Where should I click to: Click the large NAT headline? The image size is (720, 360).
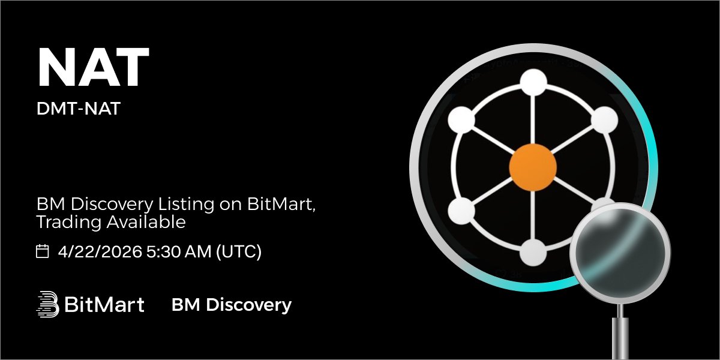pos(92,68)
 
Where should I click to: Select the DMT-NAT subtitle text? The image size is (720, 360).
pos(78,111)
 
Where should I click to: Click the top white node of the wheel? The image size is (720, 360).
pos(532,82)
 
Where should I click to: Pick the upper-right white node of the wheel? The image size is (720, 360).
pos(604,121)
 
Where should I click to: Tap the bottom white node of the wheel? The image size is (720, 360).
pos(533,253)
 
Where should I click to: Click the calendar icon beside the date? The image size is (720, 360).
pos(43,251)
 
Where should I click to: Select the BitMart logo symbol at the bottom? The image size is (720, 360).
pos(47,304)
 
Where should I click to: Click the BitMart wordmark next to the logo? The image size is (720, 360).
pos(104,305)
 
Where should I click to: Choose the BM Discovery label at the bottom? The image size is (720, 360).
pos(231,305)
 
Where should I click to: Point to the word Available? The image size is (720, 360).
pos(146,223)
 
